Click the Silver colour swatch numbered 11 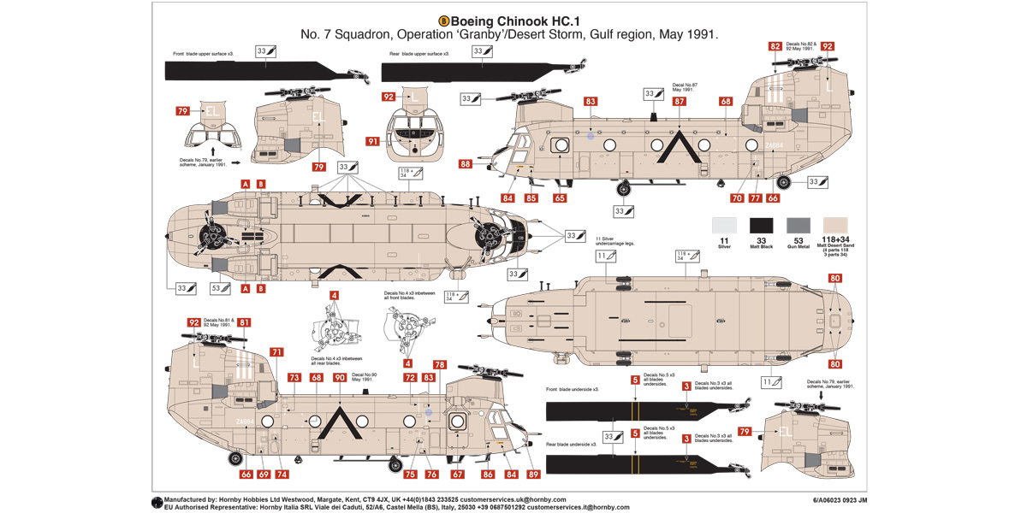(724, 226)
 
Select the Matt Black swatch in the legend (762, 226)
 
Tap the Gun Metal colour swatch (798, 226)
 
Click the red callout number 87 (679, 101)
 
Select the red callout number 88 (465, 165)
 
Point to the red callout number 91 (372, 141)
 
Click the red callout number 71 (276, 351)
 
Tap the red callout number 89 (533, 474)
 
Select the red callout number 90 (339, 377)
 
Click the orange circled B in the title (443, 21)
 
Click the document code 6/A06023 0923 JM (840, 499)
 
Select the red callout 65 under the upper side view (560, 198)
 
